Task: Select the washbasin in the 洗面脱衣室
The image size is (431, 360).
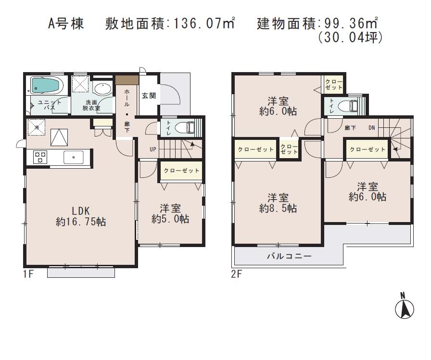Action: pos(101,88)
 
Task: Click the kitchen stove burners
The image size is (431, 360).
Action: pos(39,157)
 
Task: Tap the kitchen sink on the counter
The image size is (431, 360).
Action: pos(72,157)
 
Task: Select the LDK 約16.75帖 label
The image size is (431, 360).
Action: pos(80,216)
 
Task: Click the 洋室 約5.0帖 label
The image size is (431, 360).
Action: pos(170,213)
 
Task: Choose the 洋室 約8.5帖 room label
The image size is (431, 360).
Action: pos(278,203)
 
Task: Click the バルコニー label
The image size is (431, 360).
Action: pos(289,256)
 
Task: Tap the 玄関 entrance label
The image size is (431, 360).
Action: pos(148,95)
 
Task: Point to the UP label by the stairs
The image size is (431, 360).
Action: pos(152,149)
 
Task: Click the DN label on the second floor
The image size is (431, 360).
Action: pos(372,128)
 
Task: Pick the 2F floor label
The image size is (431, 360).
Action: pos(236,274)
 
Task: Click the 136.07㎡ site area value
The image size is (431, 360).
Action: pos(202,23)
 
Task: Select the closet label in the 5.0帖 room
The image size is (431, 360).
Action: pos(181,171)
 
